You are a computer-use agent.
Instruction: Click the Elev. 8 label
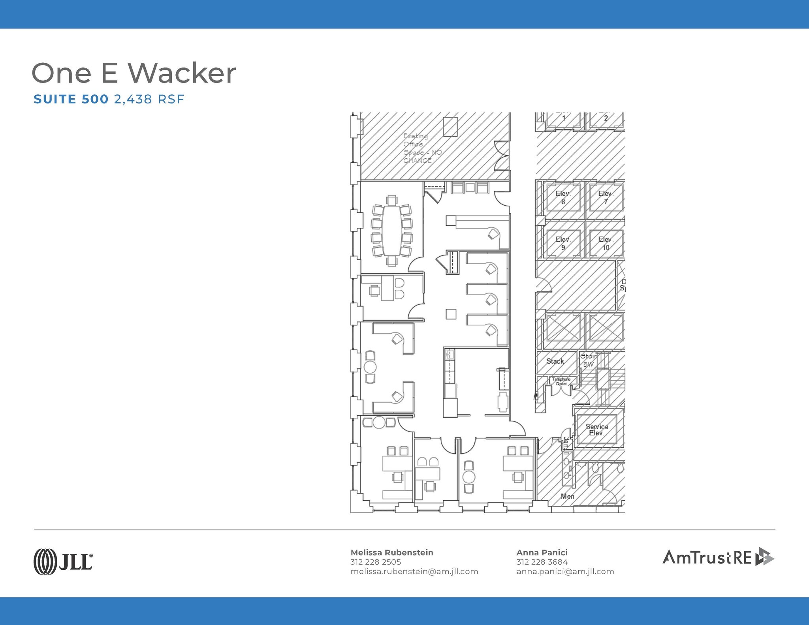pyautogui.click(x=563, y=197)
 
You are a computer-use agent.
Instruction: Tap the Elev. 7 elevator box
pyautogui.click(x=606, y=197)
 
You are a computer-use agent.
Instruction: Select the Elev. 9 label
pyautogui.click(x=563, y=243)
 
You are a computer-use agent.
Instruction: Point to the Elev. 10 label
pyautogui.click(x=606, y=243)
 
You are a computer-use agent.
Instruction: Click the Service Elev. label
pyautogui.click(x=596, y=430)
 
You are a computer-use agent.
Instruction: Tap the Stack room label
pyautogui.click(x=555, y=361)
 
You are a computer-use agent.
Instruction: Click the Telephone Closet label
pyautogui.click(x=561, y=381)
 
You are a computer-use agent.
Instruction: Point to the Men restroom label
pyautogui.click(x=567, y=496)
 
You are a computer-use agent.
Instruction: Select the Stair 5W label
pyautogui.click(x=589, y=360)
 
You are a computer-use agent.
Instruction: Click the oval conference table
pyautogui.click(x=392, y=231)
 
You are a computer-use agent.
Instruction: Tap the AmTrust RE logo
pyautogui.click(x=718, y=557)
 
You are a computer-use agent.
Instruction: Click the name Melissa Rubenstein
pyautogui.click(x=392, y=552)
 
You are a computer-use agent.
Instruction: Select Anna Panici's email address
pyautogui.click(x=565, y=571)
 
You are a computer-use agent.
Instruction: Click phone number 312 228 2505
pyautogui.click(x=375, y=562)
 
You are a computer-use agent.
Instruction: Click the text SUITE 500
pyautogui.click(x=71, y=99)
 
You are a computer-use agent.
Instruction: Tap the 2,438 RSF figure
pyautogui.click(x=149, y=99)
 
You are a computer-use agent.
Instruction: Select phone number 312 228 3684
pyautogui.click(x=542, y=562)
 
